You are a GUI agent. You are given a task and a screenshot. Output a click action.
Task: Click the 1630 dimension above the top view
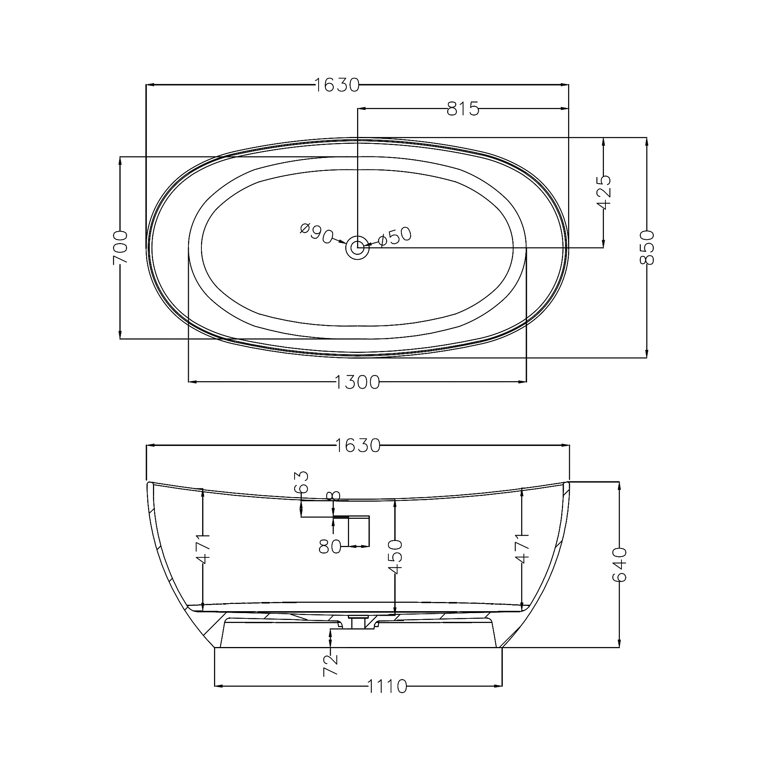[x=337, y=85]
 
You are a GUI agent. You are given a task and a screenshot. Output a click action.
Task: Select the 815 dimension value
[x=463, y=109]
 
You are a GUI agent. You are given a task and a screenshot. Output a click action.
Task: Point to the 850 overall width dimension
[x=647, y=247]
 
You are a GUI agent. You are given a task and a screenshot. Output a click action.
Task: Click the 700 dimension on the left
[x=121, y=248]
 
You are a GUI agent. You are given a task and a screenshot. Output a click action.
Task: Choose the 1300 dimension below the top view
[x=357, y=382]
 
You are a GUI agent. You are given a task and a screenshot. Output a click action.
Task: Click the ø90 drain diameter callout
[x=316, y=234]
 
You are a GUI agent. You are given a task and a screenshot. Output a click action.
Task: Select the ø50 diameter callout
[x=394, y=236]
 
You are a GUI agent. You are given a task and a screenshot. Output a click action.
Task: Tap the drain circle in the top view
[x=357, y=248]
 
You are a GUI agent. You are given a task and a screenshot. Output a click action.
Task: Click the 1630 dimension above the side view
[x=357, y=446]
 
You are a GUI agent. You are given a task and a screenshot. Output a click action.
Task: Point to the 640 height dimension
[x=619, y=564]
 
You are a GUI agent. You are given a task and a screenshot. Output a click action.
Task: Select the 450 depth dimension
[x=395, y=557]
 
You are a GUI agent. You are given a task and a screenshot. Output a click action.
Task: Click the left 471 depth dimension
[x=203, y=549]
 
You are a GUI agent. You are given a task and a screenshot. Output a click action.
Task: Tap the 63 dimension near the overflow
[x=301, y=482]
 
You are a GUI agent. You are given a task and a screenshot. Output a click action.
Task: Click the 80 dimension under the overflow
[x=330, y=547]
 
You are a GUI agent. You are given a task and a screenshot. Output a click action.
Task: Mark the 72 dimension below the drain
[x=330, y=665]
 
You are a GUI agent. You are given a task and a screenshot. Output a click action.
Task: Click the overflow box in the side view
[x=359, y=531]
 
